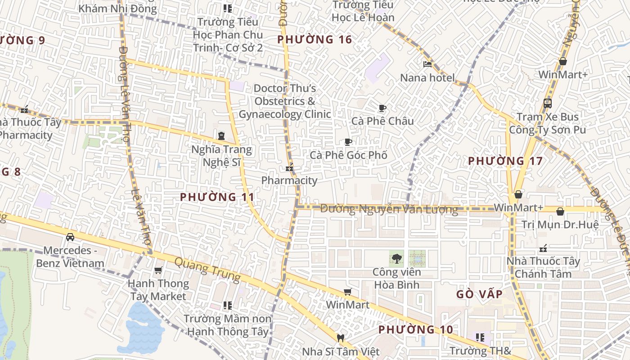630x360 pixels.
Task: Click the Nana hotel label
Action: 427,77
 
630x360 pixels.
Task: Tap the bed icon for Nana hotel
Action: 427,64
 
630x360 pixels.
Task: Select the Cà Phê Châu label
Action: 382,121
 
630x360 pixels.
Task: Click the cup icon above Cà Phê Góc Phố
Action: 348,142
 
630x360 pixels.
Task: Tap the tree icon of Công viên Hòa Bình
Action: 396,259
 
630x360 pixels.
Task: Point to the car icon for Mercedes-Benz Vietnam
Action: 70,237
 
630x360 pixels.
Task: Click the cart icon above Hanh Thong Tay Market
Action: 158,270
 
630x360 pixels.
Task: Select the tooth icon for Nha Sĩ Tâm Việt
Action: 341,338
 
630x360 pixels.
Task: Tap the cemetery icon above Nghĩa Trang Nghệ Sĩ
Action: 221,136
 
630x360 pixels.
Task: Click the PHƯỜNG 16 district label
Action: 315,40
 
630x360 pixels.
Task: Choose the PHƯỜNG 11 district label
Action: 217,197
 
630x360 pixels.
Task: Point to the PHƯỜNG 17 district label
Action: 505,161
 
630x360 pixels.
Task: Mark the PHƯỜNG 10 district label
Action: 415,329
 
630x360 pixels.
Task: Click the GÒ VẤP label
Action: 479,294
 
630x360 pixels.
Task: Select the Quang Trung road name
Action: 207,270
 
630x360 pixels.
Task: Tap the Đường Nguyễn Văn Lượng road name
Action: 389,209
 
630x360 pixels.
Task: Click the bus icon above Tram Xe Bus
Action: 547,103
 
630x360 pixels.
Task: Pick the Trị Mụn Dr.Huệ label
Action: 560,224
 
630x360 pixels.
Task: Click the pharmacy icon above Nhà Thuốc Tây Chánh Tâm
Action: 543,248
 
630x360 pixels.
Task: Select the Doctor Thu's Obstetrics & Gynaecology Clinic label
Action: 285,101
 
